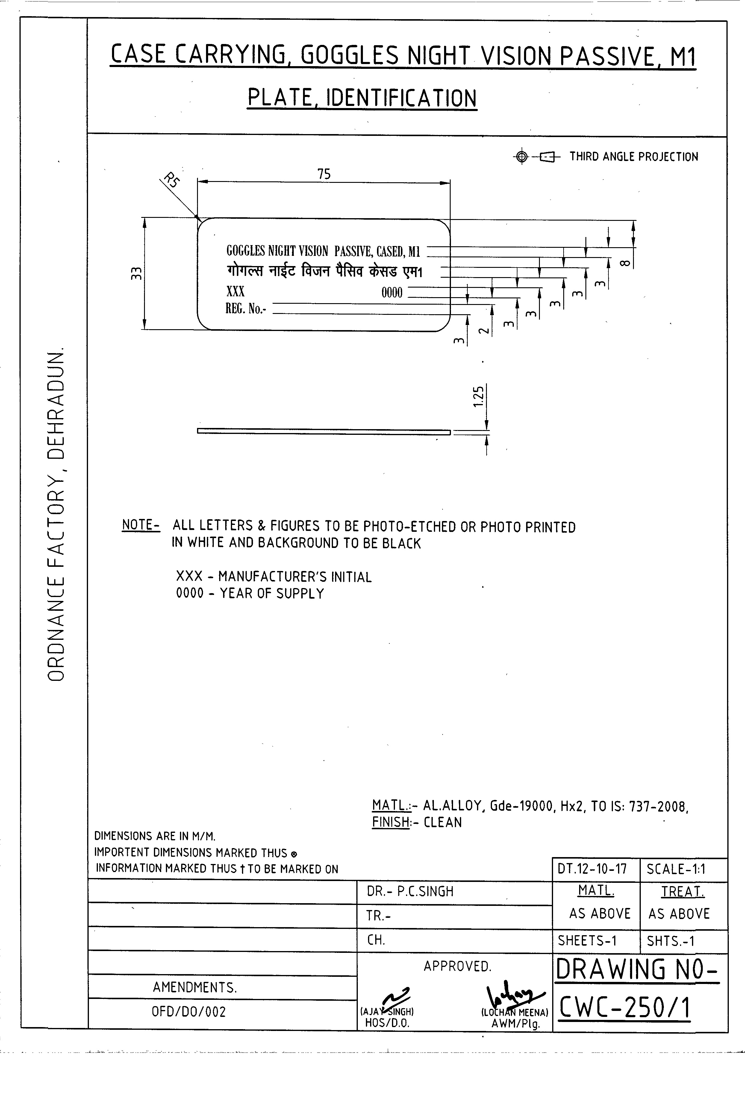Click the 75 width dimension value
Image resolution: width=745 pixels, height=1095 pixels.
324,174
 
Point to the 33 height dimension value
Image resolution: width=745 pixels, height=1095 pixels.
136,273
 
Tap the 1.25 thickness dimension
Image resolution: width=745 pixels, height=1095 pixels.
478,397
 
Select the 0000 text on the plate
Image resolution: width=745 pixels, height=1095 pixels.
392,293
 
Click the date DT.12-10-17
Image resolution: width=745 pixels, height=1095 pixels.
592,868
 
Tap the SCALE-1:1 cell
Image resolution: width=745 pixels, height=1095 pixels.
676,869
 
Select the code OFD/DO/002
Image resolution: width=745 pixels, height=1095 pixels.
189,1012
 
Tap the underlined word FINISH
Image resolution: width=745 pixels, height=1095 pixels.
390,822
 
